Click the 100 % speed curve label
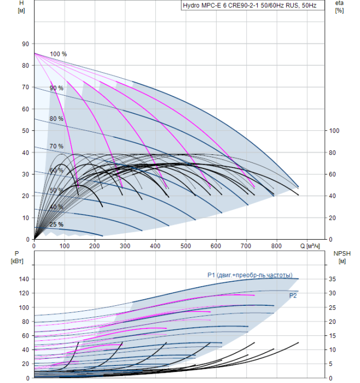click(x=59, y=54)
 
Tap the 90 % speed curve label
click(x=56, y=88)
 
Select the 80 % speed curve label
click(x=56, y=119)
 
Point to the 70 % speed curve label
click(x=56, y=147)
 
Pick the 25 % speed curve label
click(x=56, y=224)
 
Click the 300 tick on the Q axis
click(x=125, y=246)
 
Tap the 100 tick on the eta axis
click(x=335, y=131)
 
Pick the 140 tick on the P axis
click(x=23, y=279)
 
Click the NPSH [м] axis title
click(x=341, y=257)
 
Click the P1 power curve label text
click(x=249, y=275)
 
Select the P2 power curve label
click(x=293, y=295)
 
